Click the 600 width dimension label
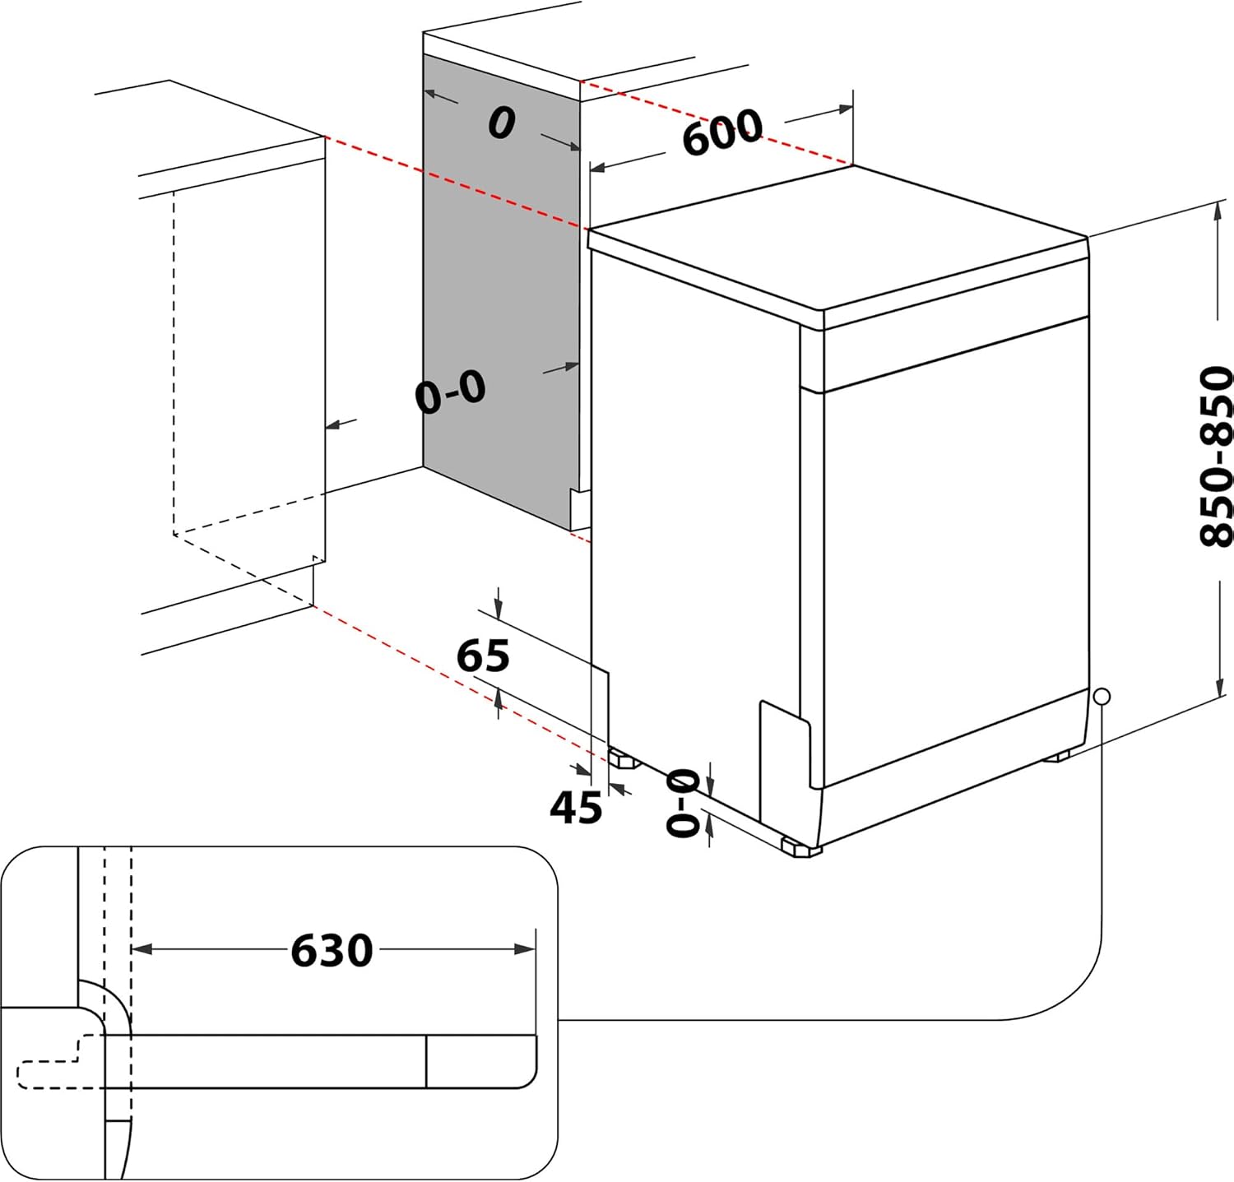(721, 132)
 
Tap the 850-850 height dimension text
(1216, 456)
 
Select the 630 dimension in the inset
(332, 950)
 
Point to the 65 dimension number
(483, 656)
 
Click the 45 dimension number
(576, 807)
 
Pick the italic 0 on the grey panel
(502, 123)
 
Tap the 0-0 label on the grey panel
(451, 392)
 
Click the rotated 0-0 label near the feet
(684, 804)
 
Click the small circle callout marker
(1102, 697)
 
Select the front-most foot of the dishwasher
(800, 847)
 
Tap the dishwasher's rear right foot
(1057, 754)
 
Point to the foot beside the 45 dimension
(624, 758)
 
